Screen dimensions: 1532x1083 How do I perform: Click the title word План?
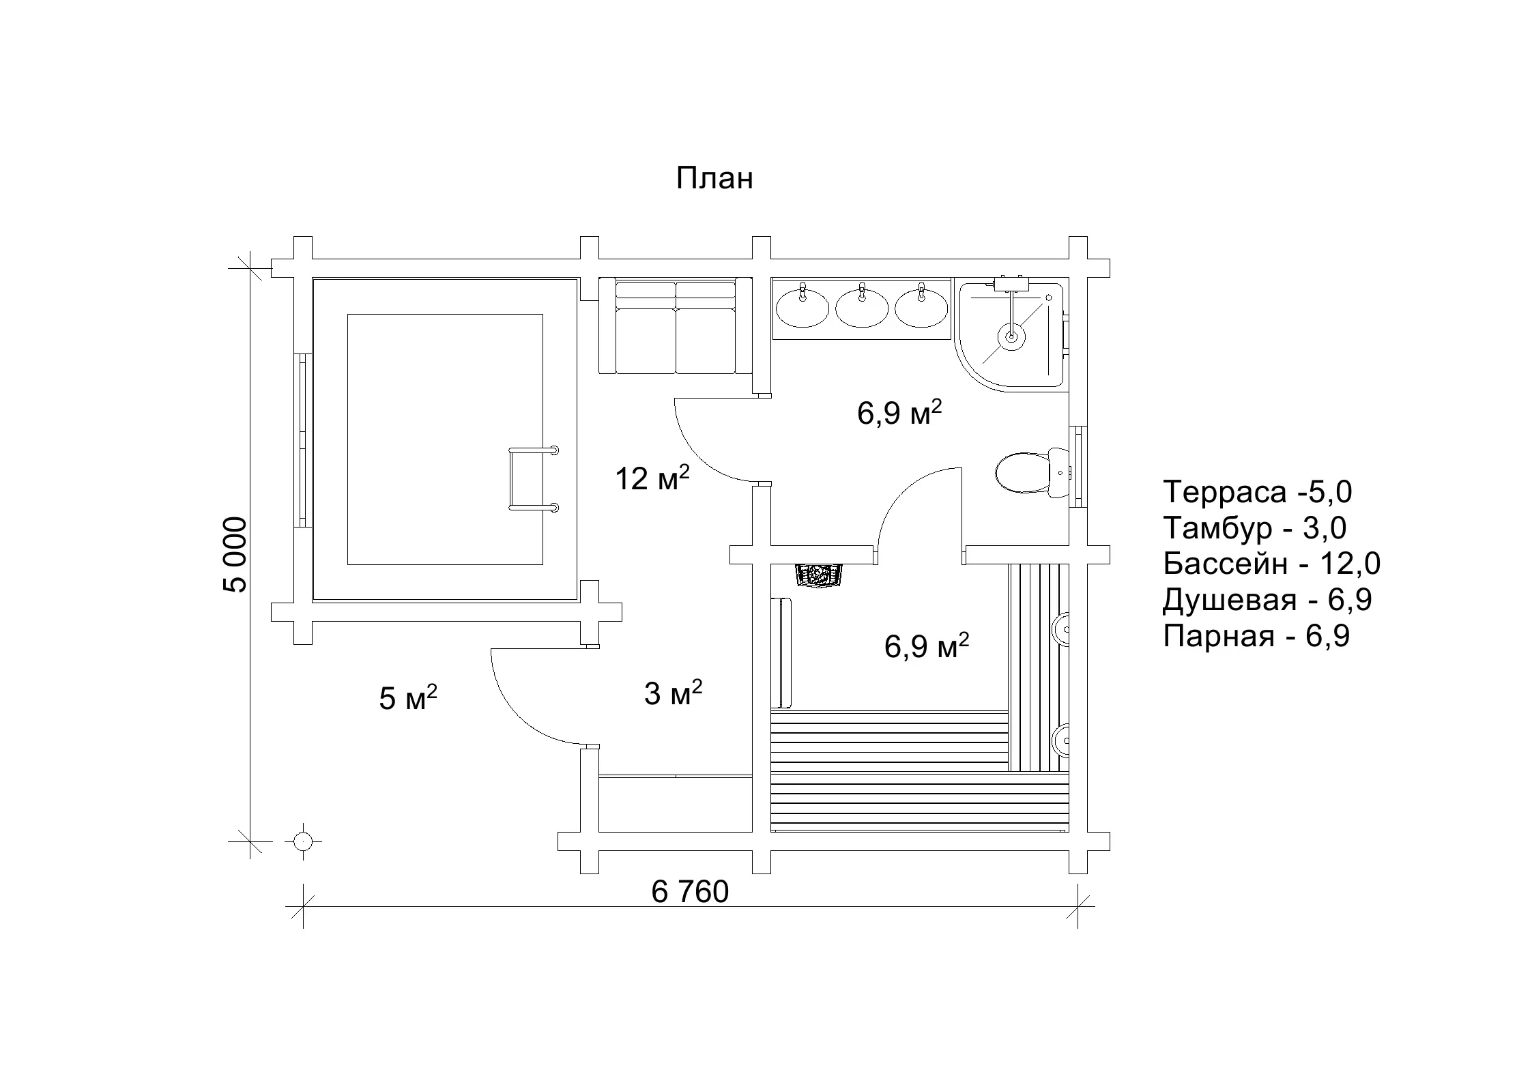click(714, 178)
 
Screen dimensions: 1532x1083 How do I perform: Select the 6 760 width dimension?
click(690, 892)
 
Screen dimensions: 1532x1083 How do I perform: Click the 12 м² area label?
click(652, 478)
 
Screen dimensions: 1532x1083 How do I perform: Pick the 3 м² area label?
click(673, 693)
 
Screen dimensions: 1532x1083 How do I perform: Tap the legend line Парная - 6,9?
click(1256, 636)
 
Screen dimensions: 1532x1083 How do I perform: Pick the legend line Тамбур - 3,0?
click(1255, 528)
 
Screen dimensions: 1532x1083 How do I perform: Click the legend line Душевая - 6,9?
click(1267, 600)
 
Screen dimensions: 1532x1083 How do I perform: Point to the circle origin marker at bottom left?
click(302, 841)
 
